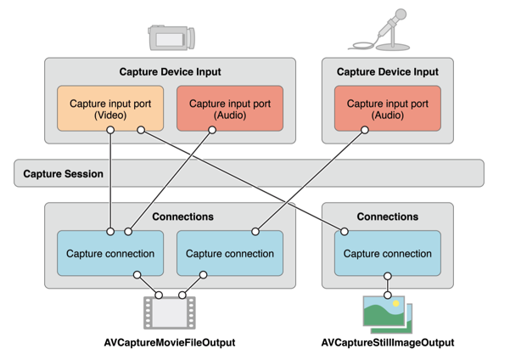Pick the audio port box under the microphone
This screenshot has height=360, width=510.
pyautogui.click(x=388, y=109)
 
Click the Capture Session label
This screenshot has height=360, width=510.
pyautogui.click(x=64, y=174)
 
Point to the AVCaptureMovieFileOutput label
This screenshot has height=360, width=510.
pyautogui.click(x=170, y=342)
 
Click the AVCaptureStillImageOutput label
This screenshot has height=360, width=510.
pyautogui.click(x=388, y=342)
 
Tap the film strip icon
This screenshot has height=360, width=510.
pyautogui.click(x=170, y=312)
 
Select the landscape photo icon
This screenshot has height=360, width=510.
pyautogui.click(x=387, y=312)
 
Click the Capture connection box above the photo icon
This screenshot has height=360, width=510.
pyautogui.click(x=388, y=253)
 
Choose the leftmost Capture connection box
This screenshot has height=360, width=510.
pyautogui.click(x=110, y=253)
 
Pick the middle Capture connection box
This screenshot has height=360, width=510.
pyautogui.click(x=230, y=253)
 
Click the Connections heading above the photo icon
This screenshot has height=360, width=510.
pyautogui.click(x=388, y=217)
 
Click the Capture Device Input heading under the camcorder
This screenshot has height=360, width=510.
pyautogui.click(x=170, y=72)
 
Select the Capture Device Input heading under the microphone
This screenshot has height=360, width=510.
pyautogui.click(x=388, y=72)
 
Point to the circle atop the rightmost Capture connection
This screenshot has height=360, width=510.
pyautogui.click(x=345, y=231)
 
